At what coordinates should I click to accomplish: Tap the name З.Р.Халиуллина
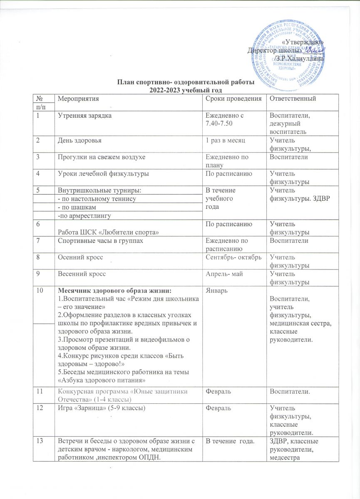click(x=299, y=59)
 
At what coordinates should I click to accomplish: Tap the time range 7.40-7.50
click(x=221, y=124)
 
